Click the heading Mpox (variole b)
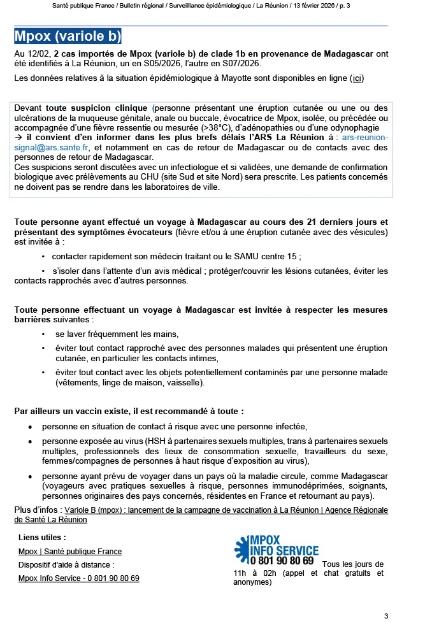click(x=68, y=36)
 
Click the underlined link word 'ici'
click(x=358, y=79)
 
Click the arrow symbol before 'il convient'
click(x=18, y=138)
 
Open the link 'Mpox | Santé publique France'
click(x=70, y=552)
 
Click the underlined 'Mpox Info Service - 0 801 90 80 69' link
click(x=79, y=578)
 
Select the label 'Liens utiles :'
click(x=42, y=538)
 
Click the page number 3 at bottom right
click(x=385, y=616)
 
